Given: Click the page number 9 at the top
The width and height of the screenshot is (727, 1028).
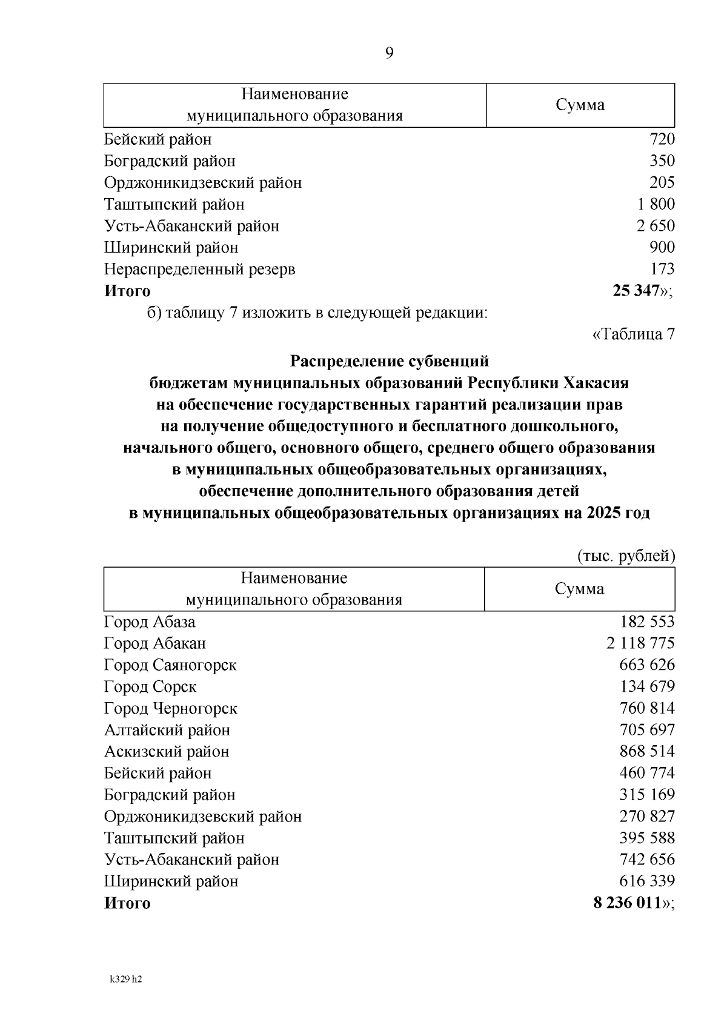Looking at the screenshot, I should pos(389,53).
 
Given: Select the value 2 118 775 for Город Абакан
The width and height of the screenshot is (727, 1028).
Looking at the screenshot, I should pos(640,643).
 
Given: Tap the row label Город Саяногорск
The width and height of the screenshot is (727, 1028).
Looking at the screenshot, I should pos(170,665).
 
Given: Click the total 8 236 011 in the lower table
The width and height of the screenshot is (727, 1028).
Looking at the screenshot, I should pos(626,903).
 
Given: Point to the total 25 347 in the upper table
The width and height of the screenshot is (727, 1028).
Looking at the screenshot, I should pos(636,291).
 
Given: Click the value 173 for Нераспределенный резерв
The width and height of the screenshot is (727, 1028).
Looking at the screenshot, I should pos(662,269).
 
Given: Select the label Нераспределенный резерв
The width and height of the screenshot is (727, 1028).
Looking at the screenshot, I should pos(199,269).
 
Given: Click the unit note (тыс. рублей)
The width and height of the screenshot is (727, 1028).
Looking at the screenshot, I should pos(625,556).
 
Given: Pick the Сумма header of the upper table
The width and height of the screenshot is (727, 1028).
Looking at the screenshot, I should pos(580,105).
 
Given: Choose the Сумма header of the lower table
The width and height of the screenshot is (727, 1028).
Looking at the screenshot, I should pos(579,589).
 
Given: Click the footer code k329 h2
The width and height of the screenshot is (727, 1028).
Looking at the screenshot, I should pos(125,980).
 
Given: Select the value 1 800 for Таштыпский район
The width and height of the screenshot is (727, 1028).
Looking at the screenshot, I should pos(651,204).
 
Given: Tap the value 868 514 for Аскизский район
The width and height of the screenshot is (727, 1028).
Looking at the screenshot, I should pos(646,752).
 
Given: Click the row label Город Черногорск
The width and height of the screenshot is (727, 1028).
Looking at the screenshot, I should pos(170,708).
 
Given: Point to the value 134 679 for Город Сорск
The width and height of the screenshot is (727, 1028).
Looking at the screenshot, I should pos(646,687).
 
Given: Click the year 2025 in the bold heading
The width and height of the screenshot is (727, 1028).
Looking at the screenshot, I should pos(603,514).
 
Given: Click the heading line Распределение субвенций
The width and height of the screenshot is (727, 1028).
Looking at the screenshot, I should pos(389,362).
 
